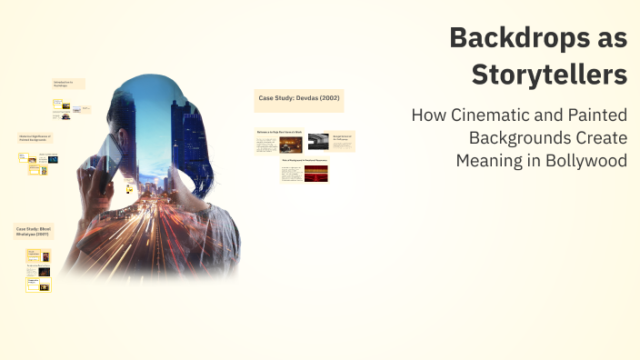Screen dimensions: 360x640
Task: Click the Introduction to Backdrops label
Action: click(x=68, y=83)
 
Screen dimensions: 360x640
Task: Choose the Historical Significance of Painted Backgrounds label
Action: click(x=35, y=137)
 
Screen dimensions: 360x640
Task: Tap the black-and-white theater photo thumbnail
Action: click(x=318, y=141)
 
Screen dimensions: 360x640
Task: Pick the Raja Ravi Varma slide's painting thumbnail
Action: click(x=291, y=143)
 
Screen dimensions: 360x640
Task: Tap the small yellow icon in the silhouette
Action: click(x=130, y=188)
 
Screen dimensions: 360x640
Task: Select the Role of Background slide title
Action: click(x=304, y=160)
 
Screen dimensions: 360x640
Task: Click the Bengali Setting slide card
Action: click(x=343, y=139)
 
